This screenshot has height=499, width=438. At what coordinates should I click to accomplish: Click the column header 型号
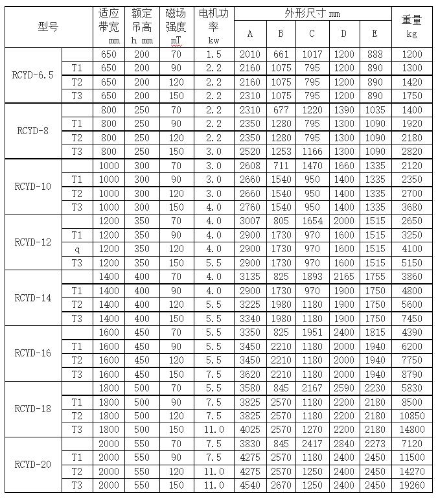(x=48, y=27)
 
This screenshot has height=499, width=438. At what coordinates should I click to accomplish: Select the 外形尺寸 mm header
(x=312, y=13)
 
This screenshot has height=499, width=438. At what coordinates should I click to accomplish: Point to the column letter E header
(x=375, y=34)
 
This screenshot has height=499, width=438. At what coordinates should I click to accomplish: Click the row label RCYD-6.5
(x=33, y=75)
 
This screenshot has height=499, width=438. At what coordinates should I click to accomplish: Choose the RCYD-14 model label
(x=33, y=298)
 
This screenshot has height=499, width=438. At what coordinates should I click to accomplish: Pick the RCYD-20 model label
(x=33, y=465)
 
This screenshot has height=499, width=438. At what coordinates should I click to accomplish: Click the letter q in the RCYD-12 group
(x=77, y=249)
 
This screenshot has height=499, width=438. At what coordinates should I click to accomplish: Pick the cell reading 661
(x=281, y=54)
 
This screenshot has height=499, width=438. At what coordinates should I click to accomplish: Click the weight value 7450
(x=412, y=319)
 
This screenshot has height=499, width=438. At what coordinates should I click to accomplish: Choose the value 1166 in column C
(x=312, y=152)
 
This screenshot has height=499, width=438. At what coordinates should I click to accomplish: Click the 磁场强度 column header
(x=176, y=27)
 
